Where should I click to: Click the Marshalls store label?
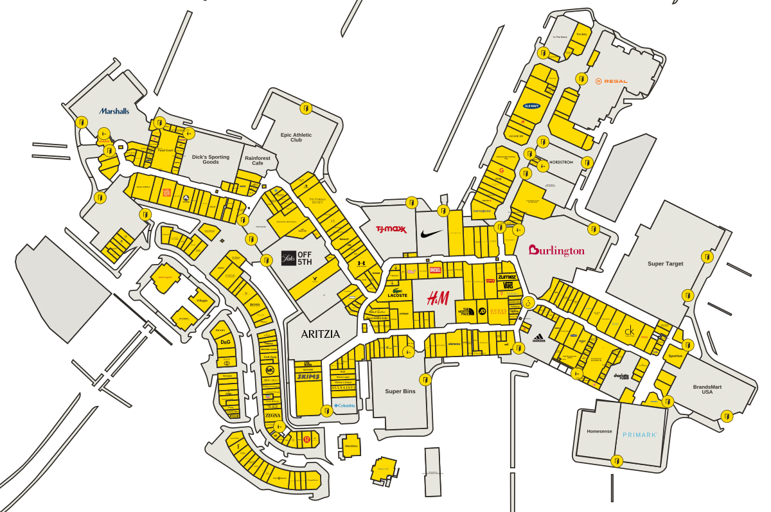114,111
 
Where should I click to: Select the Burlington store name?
556,251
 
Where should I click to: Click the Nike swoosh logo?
431,233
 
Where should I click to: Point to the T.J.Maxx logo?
391,229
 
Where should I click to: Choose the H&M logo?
438,298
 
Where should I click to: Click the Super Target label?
665,263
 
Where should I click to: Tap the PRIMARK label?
639,435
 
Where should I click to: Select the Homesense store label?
596,432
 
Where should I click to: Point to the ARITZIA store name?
319,334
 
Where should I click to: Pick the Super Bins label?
400,391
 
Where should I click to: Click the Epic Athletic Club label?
296,137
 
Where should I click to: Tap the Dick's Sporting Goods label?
210,159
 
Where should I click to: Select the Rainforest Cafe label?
258,160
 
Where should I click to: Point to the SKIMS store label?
308,376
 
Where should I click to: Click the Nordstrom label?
560,162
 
